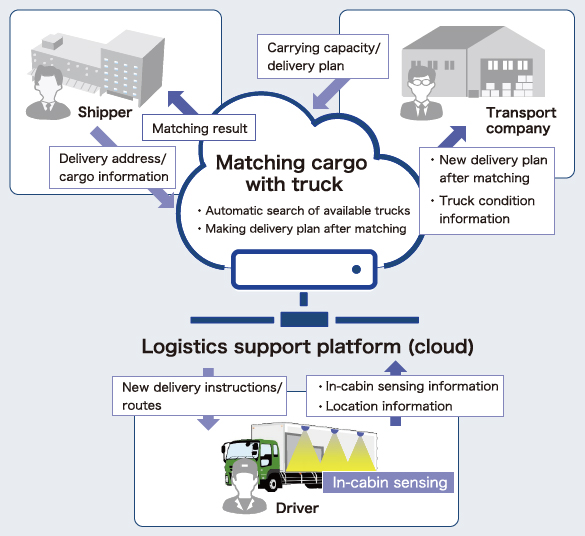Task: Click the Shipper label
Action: click(105, 112)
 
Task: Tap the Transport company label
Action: click(521, 120)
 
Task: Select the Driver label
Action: click(297, 508)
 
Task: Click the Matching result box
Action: click(199, 128)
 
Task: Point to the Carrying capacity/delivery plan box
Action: click(323, 57)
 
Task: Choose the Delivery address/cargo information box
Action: click(112, 167)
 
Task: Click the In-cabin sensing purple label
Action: click(388, 482)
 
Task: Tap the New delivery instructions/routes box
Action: click(200, 396)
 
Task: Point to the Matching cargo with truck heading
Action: click(292, 173)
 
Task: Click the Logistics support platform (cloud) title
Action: click(307, 347)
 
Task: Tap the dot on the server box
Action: click(356, 269)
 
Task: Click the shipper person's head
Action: click(48, 79)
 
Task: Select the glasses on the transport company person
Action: click(422, 82)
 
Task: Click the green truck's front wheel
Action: click(271, 483)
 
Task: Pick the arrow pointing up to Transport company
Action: click(452, 137)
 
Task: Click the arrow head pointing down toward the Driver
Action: click(208, 423)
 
